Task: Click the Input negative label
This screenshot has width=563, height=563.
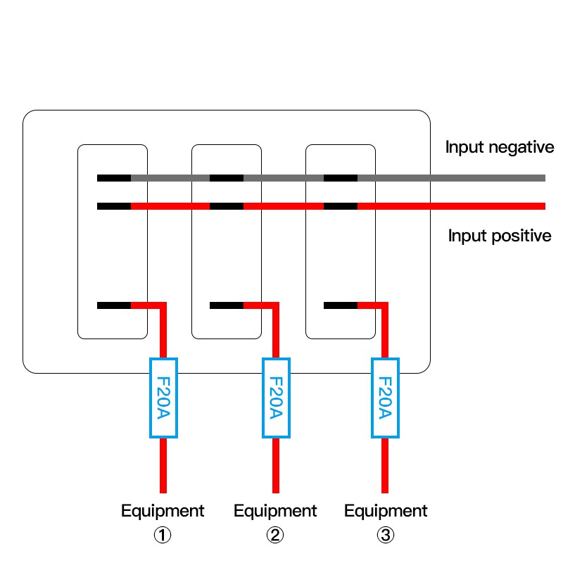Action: pyautogui.click(x=500, y=148)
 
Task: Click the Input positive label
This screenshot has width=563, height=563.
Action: pyautogui.click(x=500, y=235)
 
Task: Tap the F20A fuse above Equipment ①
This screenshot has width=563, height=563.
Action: pyautogui.click(x=163, y=398)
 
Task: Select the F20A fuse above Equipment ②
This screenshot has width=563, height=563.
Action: pyautogui.click(x=275, y=398)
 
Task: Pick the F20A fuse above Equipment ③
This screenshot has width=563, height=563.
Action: pyautogui.click(x=385, y=398)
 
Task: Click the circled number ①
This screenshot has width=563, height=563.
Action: pyautogui.click(x=163, y=536)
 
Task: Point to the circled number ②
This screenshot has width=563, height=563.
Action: pyautogui.click(x=275, y=536)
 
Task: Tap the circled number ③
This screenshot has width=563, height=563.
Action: pyautogui.click(x=385, y=536)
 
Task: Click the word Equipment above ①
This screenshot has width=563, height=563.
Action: pyautogui.click(x=163, y=511)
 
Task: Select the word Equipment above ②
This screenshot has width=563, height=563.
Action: pyautogui.click(x=275, y=511)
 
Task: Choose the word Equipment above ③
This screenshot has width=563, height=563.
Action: pyautogui.click(x=385, y=511)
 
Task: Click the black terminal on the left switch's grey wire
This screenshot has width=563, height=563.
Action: pyautogui.click(x=114, y=178)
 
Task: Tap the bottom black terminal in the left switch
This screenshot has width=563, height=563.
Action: pyautogui.click(x=114, y=305)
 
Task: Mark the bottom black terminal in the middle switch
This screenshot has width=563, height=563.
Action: pyautogui.click(x=227, y=305)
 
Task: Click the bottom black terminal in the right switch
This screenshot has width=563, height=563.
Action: pyautogui.click(x=341, y=305)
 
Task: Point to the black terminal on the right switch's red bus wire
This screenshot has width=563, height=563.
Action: pyautogui.click(x=341, y=206)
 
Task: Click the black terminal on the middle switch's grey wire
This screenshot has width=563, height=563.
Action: pyautogui.click(x=227, y=178)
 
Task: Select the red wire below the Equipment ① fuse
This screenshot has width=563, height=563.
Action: pyautogui.click(x=163, y=464)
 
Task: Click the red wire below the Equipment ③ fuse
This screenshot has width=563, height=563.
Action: pyautogui.click(x=385, y=464)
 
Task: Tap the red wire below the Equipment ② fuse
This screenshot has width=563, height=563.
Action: pyautogui.click(x=275, y=464)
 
